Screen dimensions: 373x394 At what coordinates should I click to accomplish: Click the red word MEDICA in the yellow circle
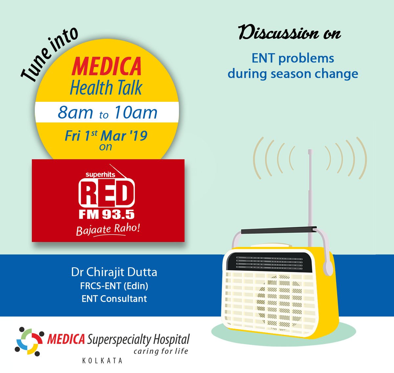click(x=107, y=67)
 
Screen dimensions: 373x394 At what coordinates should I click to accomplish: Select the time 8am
click(x=75, y=113)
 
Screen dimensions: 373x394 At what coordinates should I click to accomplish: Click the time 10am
click(x=136, y=113)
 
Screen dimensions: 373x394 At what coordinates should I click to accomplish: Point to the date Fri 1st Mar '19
click(x=106, y=136)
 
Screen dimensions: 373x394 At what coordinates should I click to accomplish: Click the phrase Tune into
click(x=49, y=54)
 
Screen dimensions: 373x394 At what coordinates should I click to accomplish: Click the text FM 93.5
click(x=107, y=214)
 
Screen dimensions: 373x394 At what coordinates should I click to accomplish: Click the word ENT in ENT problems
click(x=263, y=58)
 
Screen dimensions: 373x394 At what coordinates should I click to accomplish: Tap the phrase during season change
click(x=293, y=73)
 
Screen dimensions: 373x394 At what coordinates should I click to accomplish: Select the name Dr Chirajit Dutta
click(x=114, y=272)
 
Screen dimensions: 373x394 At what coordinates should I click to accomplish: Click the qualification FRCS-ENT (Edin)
click(x=114, y=286)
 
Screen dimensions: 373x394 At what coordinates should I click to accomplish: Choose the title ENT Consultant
click(x=114, y=299)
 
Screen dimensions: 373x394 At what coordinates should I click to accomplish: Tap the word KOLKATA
click(x=102, y=361)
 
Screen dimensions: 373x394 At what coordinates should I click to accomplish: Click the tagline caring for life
click(x=161, y=351)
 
